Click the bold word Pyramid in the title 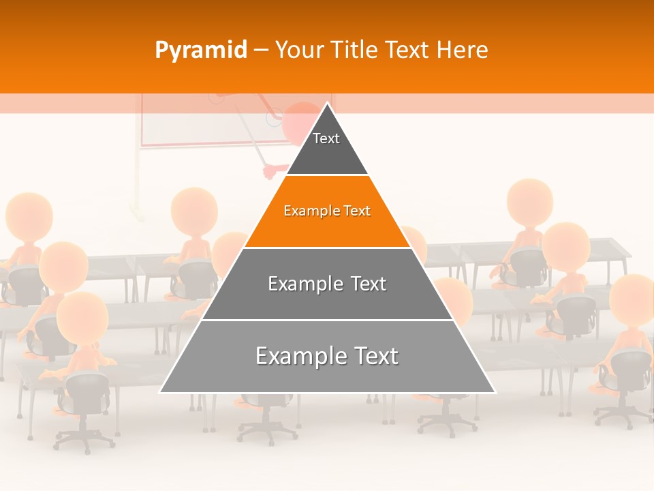(x=201, y=50)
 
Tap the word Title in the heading (x=355, y=50)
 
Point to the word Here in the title (x=463, y=50)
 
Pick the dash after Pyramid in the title (x=261, y=50)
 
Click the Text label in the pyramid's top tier (x=326, y=138)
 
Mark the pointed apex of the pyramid (x=328, y=104)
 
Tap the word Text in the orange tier (x=357, y=211)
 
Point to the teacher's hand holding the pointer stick (x=272, y=170)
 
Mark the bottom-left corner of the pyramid (x=161, y=392)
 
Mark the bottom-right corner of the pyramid (x=495, y=392)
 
